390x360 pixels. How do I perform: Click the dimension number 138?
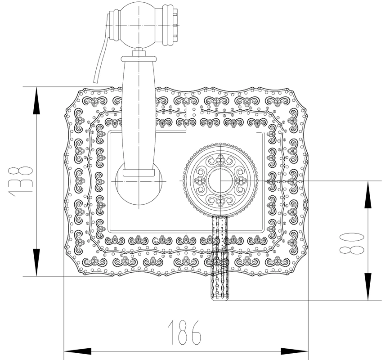pos(21,181)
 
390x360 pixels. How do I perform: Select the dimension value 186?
pos(184,333)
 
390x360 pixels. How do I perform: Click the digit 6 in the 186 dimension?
pos(194,333)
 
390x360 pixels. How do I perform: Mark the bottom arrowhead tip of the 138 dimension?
pos(36,276)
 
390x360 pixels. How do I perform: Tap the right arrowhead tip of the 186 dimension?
pos(309,351)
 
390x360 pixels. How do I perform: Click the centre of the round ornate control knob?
pos(220,180)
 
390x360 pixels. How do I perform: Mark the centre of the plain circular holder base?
pos(139,181)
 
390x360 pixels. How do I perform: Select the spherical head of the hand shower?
pos(138,25)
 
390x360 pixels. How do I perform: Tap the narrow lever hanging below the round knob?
pos(220,258)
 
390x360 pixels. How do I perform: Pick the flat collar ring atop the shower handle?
pos(139,58)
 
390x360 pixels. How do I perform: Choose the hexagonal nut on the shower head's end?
pos(176,25)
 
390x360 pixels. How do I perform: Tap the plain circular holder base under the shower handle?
pos(139,181)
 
